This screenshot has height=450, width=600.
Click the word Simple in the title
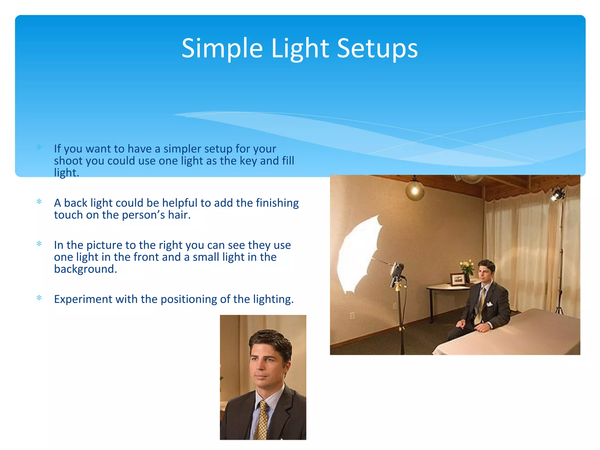222,48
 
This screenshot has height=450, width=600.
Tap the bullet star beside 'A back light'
39,202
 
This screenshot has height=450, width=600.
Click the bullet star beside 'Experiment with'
39,298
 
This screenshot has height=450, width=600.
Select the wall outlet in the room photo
352,316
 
